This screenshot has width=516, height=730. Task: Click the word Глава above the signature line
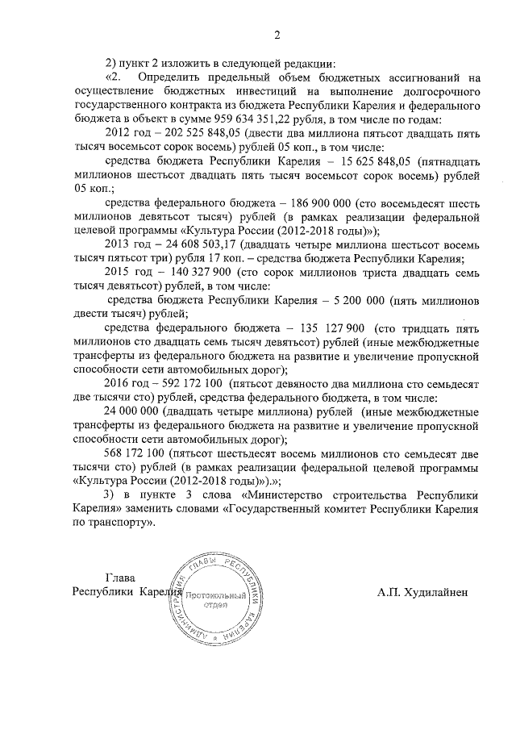click(119, 578)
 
